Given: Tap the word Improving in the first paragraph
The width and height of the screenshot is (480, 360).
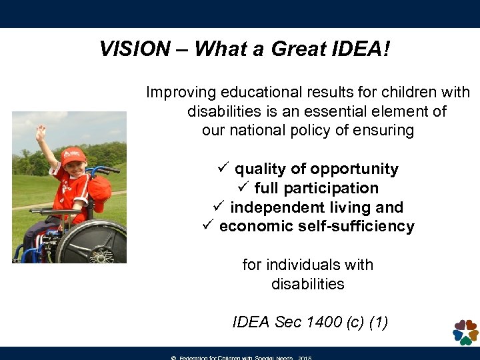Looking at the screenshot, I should (x=179, y=92).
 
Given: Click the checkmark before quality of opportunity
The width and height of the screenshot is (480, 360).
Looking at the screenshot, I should (x=223, y=169).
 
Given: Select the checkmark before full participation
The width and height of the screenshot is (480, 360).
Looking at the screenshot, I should (x=243, y=188).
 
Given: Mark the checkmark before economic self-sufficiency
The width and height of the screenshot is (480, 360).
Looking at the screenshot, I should (x=207, y=226).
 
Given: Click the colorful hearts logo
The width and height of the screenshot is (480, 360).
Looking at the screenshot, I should (x=465, y=331).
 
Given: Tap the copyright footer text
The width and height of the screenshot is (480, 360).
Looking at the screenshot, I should (x=241, y=357).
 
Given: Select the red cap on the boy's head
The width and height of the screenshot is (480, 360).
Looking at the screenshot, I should (x=73, y=155).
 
